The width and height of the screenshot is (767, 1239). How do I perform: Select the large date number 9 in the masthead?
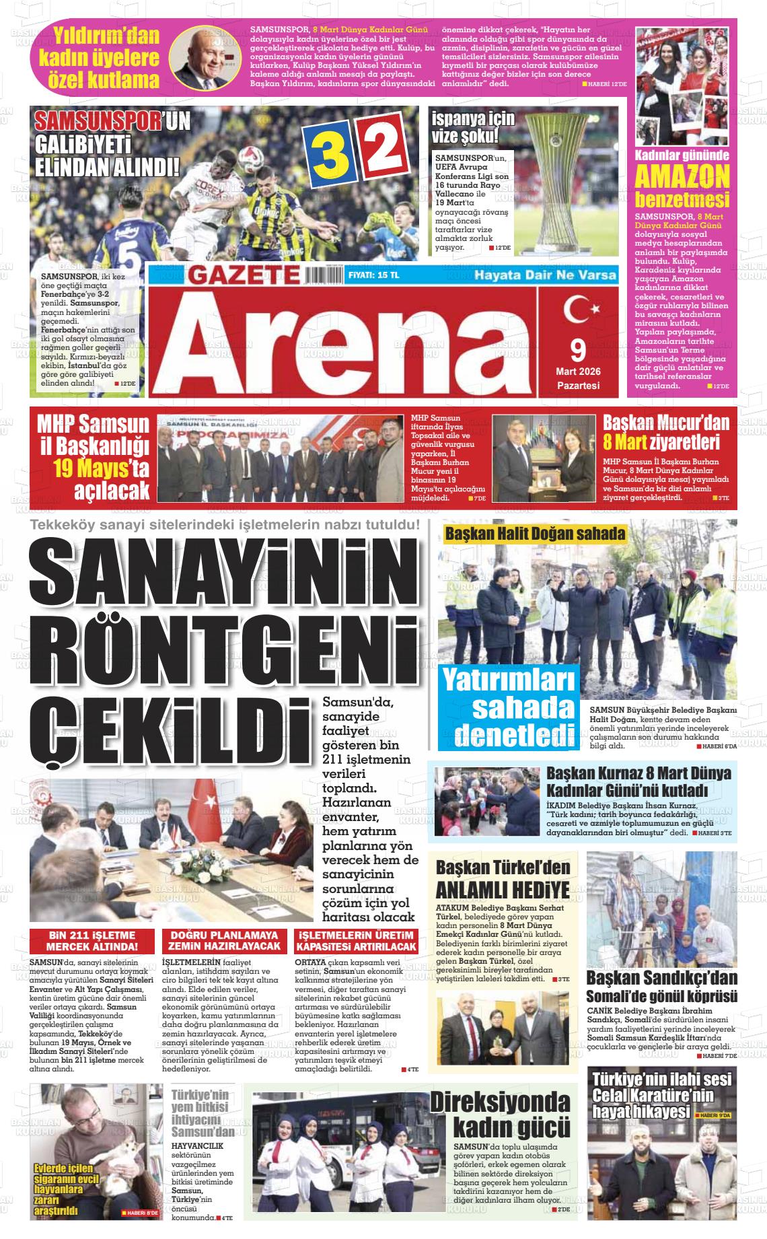(x=578, y=349)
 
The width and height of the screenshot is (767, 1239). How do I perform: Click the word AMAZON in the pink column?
(x=682, y=176)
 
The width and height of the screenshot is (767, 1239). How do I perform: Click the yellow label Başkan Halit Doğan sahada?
(x=534, y=534)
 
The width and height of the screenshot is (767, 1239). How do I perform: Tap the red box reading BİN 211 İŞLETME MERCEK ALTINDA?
(x=92, y=941)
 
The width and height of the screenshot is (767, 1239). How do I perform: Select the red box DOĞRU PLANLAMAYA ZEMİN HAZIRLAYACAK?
(x=224, y=941)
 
